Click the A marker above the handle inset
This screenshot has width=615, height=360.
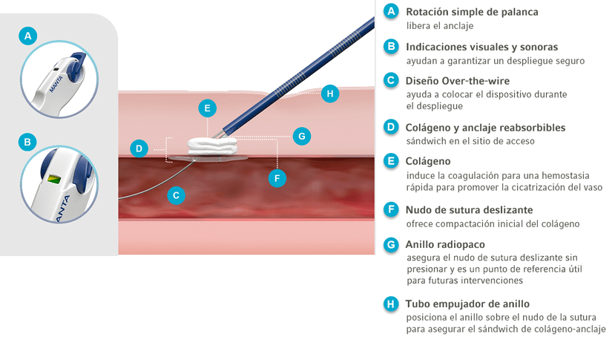pyautogui.click(x=28, y=36)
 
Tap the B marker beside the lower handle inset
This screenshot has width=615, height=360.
pyautogui.click(x=27, y=142)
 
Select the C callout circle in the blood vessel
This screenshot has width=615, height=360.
pyautogui.click(x=176, y=195)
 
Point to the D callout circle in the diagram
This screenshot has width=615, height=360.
pyautogui.click(x=139, y=148)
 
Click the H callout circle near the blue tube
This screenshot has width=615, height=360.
pyautogui.click(x=330, y=94)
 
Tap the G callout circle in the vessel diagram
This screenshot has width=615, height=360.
pyautogui.click(x=302, y=136)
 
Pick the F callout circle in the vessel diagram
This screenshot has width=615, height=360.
pyautogui.click(x=277, y=178)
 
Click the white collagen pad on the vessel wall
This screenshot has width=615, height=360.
pyautogui.click(x=213, y=146)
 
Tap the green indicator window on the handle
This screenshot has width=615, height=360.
pyautogui.click(x=53, y=179)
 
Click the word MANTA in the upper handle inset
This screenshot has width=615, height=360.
pyautogui.click(x=56, y=85)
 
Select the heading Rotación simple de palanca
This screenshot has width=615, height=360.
pyautogui.click(x=472, y=12)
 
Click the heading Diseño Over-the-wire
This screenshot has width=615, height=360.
pyautogui.click(x=457, y=81)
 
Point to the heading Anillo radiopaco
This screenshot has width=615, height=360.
pyautogui.click(x=445, y=245)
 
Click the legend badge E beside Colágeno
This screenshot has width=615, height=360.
pyautogui.click(x=391, y=161)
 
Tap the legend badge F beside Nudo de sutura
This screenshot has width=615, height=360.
pyautogui.click(x=391, y=209)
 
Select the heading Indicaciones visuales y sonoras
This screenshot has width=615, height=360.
pyautogui.click(x=481, y=47)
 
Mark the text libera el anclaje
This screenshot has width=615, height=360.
pyautogui.click(x=440, y=26)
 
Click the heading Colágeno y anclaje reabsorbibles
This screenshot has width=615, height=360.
pyautogui.click(x=486, y=128)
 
